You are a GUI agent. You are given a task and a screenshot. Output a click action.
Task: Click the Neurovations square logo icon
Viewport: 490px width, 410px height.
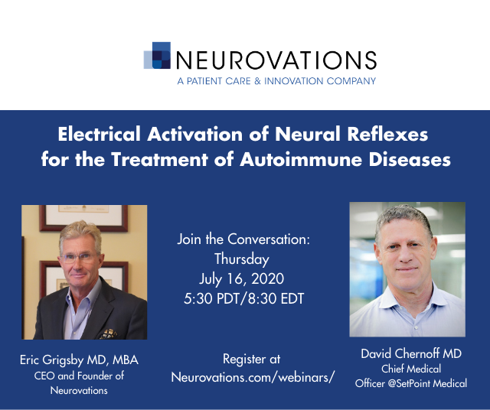[x=157, y=55]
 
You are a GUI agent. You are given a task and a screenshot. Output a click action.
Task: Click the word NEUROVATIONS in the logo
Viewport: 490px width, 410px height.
[x=276, y=60]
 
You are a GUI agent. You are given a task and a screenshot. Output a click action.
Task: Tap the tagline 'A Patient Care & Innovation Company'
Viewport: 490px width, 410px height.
[x=276, y=81]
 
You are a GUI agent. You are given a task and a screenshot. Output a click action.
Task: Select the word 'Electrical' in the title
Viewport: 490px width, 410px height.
[x=99, y=135]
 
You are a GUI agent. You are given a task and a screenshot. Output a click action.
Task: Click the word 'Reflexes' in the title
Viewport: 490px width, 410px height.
[x=387, y=135]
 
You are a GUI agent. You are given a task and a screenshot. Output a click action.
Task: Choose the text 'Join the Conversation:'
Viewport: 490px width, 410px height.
[x=243, y=239]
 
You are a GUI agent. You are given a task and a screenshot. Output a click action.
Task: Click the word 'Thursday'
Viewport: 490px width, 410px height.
[x=242, y=259]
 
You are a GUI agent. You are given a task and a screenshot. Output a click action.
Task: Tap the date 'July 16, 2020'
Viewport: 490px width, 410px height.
[x=242, y=279]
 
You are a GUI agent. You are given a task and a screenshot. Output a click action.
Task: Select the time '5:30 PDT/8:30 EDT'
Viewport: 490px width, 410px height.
[x=243, y=298]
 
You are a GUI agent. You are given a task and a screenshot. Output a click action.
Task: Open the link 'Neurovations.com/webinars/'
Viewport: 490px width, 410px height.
[x=253, y=377]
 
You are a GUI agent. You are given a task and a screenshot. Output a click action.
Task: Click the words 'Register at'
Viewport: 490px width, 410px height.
[x=252, y=359]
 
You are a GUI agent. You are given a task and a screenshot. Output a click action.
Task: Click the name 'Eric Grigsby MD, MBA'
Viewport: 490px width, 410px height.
[x=79, y=360]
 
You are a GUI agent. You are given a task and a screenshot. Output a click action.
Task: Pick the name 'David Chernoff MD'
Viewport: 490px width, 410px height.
[x=411, y=354]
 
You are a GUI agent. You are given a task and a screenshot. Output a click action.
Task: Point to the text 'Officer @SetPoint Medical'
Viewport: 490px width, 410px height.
[x=411, y=383]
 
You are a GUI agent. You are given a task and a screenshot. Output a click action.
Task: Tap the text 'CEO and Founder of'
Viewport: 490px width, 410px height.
[x=79, y=376]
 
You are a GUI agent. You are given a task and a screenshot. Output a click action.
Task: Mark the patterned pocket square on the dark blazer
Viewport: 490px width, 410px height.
[x=109, y=334]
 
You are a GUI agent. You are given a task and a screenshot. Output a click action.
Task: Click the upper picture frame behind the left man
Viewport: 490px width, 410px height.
[x=83, y=218]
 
